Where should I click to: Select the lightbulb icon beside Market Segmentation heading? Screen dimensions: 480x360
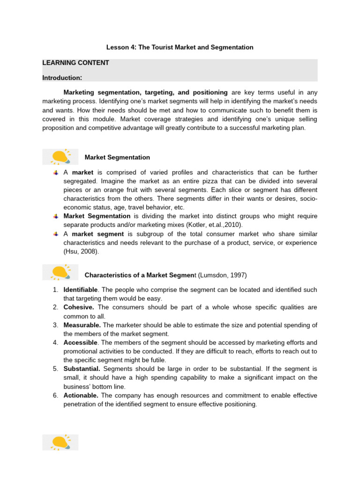(60, 157)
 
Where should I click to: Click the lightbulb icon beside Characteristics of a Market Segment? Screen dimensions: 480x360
(60, 272)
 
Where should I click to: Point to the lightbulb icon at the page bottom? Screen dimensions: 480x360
(60, 442)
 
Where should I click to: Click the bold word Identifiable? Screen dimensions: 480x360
(81, 290)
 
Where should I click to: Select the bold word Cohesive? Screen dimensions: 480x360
(79, 307)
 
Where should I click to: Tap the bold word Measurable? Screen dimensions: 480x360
(82, 325)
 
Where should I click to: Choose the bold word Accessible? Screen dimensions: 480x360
(81, 342)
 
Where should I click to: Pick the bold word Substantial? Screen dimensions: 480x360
(82, 369)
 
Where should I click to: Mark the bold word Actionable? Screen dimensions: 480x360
(81, 396)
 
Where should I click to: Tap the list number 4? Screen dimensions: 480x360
(55, 342)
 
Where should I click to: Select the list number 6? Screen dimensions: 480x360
(55, 396)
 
